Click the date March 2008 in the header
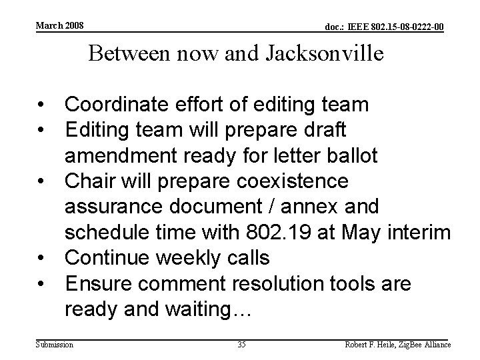pos(59,25)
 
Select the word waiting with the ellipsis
pos(207,310)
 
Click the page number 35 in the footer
pos(241,345)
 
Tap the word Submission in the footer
pos(55,345)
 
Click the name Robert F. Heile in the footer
pos(370,345)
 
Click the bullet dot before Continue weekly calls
pos(43,259)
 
